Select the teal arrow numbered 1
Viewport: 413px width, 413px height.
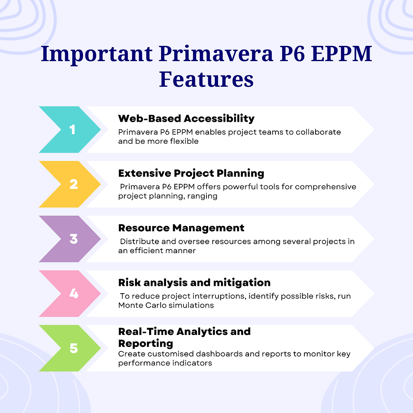point(70,130)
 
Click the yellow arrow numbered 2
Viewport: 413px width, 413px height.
point(70,184)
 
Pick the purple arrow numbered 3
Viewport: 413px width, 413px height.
point(70,239)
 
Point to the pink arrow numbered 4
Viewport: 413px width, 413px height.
point(70,294)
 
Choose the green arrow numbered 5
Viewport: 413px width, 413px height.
point(70,348)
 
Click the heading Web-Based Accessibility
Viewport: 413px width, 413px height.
point(186,119)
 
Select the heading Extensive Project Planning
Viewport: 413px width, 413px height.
point(191,173)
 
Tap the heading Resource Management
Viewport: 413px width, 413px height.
point(181,228)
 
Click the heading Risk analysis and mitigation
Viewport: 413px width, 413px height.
point(194,282)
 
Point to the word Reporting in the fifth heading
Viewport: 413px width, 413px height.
point(145,343)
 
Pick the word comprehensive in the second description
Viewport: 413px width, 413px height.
point(325,187)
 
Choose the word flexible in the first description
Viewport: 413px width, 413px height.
point(184,141)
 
